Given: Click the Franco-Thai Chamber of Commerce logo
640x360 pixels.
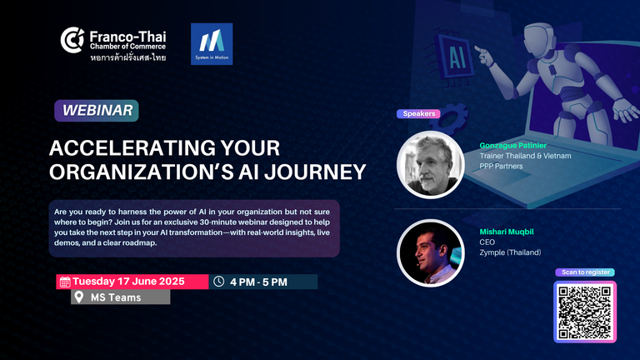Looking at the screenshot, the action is [x=113, y=44].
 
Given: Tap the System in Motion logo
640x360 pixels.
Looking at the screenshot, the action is [x=212, y=44].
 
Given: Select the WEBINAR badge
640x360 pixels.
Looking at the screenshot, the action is [x=97, y=111].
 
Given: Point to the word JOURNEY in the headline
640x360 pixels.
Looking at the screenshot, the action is [x=315, y=172].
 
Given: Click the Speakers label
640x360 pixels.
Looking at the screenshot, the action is [x=419, y=114].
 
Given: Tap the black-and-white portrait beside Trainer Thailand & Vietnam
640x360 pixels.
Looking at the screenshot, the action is [x=431, y=165].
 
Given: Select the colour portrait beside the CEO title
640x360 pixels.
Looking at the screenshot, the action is [x=431, y=253].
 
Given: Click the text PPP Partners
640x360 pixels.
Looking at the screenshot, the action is [x=501, y=166].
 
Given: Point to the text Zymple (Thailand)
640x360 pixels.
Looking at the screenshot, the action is [x=510, y=252].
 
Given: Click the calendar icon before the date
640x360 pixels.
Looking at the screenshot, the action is [x=65, y=282].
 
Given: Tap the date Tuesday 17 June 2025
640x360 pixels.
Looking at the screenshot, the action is [x=128, y=282].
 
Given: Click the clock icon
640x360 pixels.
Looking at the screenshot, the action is [x=219, y=281].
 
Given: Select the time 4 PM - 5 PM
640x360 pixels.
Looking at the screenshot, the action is [x=258, y=282].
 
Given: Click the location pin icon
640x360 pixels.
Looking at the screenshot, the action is [x=79, y=297].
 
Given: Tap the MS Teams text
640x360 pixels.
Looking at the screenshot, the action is [x=116, y=297].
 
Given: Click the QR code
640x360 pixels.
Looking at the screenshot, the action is [x=585, y=312].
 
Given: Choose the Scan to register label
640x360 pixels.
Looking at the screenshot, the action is [x=585, y=272].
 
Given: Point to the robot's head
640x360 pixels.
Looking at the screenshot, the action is [x=539, y=39].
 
